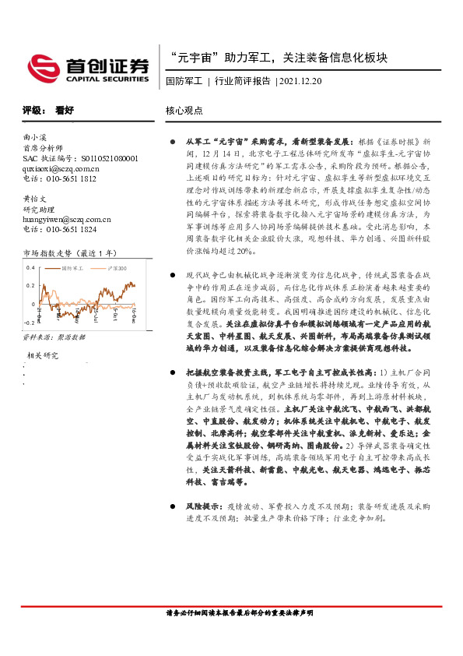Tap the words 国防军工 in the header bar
184,80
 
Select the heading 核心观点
183,111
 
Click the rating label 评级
32,111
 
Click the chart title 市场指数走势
46,253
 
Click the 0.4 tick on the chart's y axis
30,267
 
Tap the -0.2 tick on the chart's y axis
30,321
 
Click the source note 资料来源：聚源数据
54,337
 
